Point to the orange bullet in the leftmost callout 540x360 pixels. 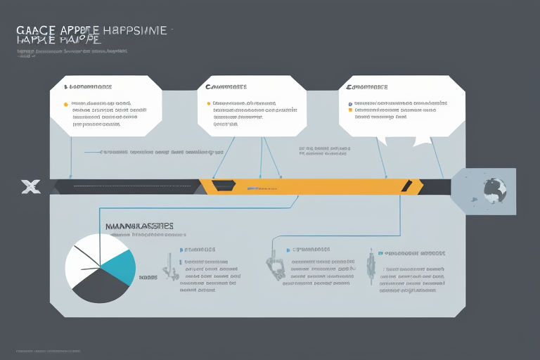click(x=66, y=104)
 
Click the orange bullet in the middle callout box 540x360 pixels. click(x=208, y=104)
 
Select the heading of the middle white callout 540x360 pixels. click(x=226, y=87)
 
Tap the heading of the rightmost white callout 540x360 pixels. click(x=366, y=87)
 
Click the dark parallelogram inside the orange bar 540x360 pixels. click(x=224, y=186)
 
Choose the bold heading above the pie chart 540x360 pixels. click(x=139, y=226)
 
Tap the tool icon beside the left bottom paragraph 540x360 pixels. click(x=169, y=266)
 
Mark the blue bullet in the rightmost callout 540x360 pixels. click(x=349, y=104)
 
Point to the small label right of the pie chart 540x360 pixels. click(x=148, y=278)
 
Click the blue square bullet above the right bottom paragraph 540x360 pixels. click(x=380, y=251)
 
